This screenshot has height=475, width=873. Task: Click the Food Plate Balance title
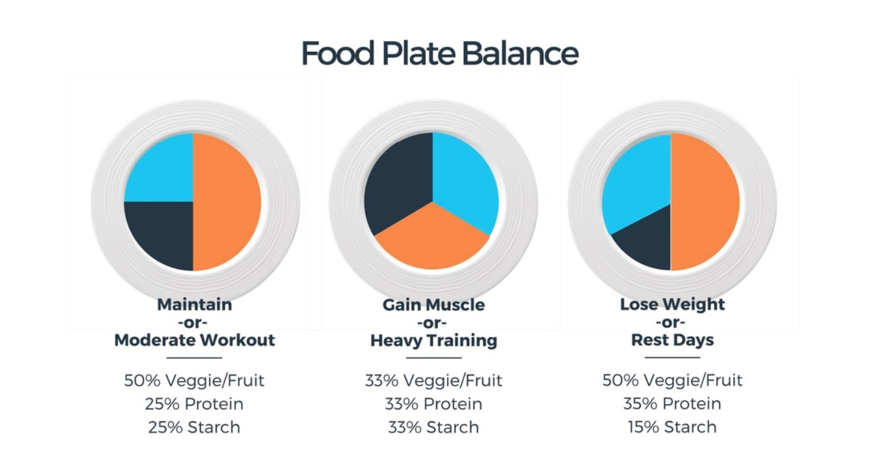439,53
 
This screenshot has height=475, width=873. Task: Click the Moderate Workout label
194,340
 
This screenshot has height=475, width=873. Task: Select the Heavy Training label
434,340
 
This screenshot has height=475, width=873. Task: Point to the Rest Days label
672,340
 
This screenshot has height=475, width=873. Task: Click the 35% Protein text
672,403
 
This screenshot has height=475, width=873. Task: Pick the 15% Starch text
672,427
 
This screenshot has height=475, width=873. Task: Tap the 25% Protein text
194,403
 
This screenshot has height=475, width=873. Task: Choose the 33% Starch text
433,427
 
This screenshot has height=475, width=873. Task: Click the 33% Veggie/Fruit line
433,380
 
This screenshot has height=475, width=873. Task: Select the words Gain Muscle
434,304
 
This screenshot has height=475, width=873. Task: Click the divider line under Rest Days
672,357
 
